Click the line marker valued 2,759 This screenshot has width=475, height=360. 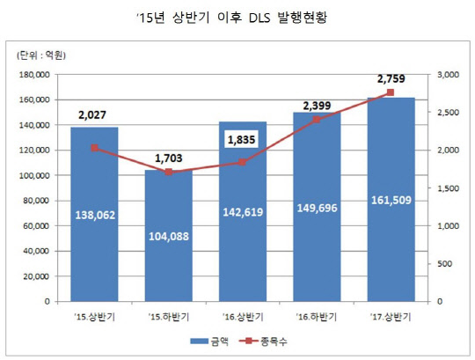pos(391,92)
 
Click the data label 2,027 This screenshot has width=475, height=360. pos(93,113)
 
